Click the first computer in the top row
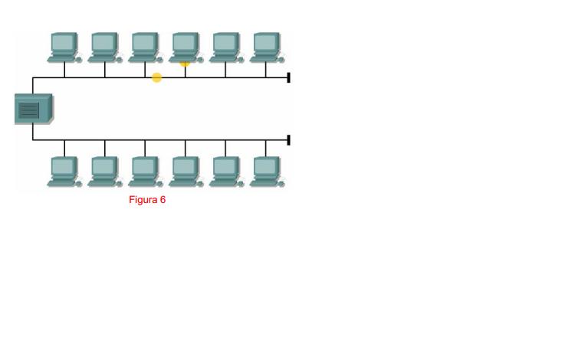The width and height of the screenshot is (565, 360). [x=64, y=46]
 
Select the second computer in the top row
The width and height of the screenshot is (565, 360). [x=105, y=46]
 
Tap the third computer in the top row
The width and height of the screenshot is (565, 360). [x=145, y=46]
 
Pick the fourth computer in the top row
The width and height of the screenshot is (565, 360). [x=185, y=46]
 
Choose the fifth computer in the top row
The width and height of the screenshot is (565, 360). [x=225, y=46]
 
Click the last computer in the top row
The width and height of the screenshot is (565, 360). [x=266, y=46]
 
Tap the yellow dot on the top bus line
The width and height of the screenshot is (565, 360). [x=156, y=77]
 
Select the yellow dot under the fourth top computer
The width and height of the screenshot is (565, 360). [x=185, y=64]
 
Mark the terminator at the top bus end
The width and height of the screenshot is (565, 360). [x=288, y=77]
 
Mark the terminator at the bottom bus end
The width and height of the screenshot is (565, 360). [x=288, y=140]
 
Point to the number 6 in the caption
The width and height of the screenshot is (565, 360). [x=163, y=201]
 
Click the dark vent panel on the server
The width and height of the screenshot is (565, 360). [x=28, y=111]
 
